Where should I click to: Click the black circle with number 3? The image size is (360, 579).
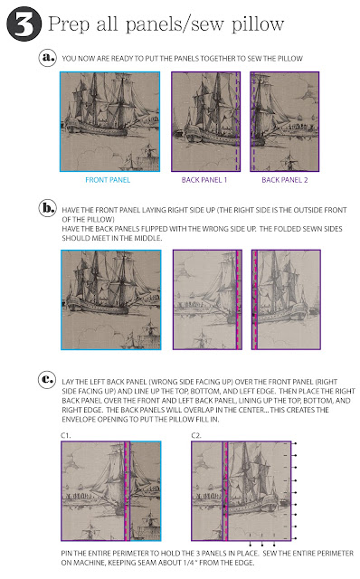(24, 24)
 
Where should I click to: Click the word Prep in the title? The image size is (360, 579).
(69, 24)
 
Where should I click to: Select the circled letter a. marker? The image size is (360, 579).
(48, 58)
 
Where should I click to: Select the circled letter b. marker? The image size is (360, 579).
(48, 209)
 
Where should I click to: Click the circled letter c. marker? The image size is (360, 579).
(47, 380)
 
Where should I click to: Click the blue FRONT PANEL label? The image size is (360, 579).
(108, 180)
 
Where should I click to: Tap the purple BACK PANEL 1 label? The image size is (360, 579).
(204, 180)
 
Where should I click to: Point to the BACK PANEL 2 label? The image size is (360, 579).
(285, 180)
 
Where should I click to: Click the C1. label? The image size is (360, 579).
(66, 436)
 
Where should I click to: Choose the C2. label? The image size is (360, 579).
(196, 436)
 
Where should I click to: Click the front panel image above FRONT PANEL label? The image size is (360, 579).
(110, 121)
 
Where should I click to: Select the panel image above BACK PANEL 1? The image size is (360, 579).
(205, 121)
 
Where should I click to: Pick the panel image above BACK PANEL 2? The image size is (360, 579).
(285, 121)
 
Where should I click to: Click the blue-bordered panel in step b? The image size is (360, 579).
(110, 299)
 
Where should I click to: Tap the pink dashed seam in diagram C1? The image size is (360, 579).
(126, 491)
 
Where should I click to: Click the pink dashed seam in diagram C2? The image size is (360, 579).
(225, 491)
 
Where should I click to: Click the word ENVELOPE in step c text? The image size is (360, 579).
(79, 420)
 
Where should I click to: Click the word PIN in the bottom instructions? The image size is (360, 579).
(66, 553)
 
